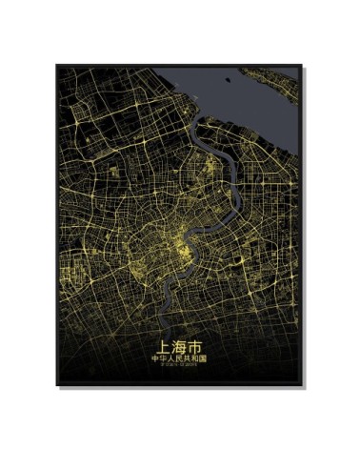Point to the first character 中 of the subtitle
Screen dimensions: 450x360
point(155,358)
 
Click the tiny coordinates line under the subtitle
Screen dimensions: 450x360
point(178,366)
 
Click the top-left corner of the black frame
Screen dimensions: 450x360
point(55,65)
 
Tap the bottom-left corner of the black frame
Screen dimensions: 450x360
point(55,386)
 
